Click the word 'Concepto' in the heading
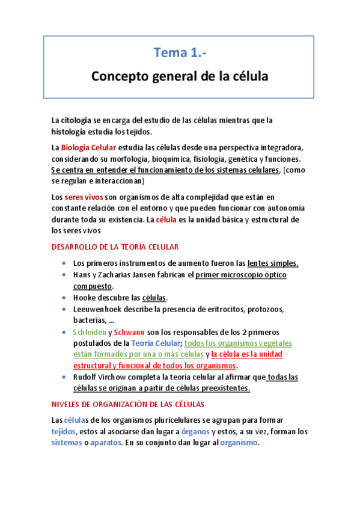pos(118,77)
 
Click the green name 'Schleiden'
pos(89,332)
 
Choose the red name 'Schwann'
pos(130,332)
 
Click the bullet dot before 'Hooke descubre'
pos(64,298)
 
